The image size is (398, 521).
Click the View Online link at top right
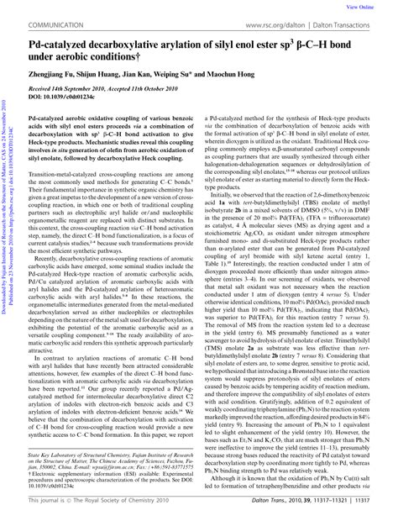(x=376, y=5)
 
